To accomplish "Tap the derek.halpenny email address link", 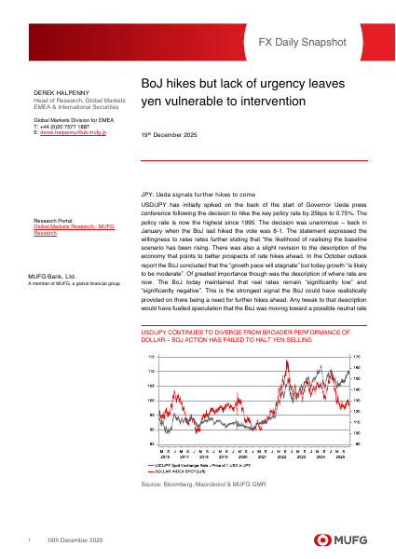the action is (72, 133).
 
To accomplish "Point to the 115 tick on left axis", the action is (151, 357).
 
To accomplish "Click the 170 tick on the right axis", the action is (356, 357).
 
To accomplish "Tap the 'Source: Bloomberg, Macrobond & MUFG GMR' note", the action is (198, 486).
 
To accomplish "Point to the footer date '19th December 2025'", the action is (75, 540).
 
